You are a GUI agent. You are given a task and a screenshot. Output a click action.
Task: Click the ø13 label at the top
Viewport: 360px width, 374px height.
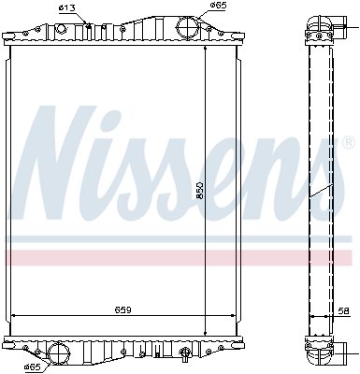[66, 8]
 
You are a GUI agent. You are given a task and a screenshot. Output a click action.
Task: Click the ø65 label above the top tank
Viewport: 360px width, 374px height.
[218, 6]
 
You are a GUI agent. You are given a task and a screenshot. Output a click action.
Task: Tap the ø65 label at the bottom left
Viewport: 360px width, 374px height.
[34, 367]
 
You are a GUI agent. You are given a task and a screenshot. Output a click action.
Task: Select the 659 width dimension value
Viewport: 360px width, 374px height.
[122, 309]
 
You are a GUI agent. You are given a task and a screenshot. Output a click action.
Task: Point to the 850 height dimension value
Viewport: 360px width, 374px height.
[200, 191]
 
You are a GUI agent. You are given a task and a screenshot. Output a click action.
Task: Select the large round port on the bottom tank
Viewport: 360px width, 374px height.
[59, 352]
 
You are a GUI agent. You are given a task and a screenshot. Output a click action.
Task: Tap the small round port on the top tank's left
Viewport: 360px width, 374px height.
[61, 29]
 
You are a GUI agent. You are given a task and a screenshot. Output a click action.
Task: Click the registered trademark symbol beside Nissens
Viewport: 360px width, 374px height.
[349, 142]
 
